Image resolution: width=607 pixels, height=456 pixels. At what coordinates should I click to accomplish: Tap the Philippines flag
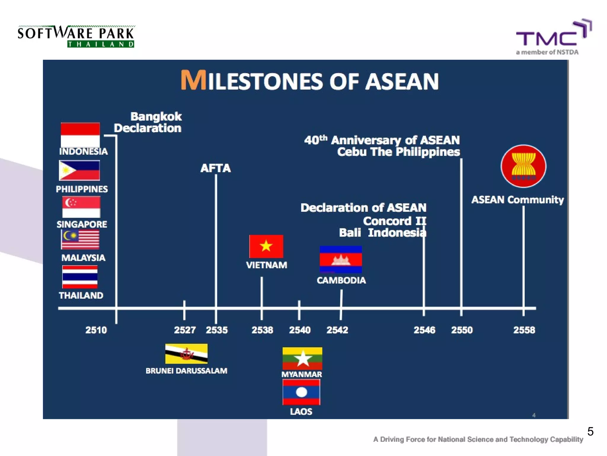pos(79,170)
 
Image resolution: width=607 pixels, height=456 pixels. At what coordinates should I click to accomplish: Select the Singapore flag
pos(81,207)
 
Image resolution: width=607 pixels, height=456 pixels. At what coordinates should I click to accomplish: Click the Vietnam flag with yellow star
pos(266,246)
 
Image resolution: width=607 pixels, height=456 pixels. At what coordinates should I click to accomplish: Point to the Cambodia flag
pos(341,259)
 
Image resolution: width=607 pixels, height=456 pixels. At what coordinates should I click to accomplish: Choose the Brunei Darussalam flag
pos(186,354)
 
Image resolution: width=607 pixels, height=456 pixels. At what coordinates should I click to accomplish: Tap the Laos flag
pos(301,392)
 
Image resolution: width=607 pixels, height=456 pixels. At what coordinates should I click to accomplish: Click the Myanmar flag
pos(302,358)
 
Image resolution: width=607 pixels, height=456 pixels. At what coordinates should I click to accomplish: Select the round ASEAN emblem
pos(523,166)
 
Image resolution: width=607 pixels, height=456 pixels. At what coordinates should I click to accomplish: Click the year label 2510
pos(96,330)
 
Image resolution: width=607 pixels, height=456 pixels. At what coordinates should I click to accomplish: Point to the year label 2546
pos(424,330)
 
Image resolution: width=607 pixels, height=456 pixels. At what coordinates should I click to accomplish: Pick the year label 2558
pos(524,330)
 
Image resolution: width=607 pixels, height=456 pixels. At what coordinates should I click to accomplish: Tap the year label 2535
pos(217,330)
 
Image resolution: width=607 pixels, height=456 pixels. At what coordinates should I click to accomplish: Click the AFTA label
pos(215,168)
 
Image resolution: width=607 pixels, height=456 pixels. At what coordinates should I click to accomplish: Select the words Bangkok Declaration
pos(148,122)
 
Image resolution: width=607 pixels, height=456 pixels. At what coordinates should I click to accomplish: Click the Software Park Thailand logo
pos(76,37)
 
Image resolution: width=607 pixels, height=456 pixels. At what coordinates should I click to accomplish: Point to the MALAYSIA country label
pos(83,258)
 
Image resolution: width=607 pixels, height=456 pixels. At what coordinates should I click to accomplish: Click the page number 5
pos(590,431)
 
